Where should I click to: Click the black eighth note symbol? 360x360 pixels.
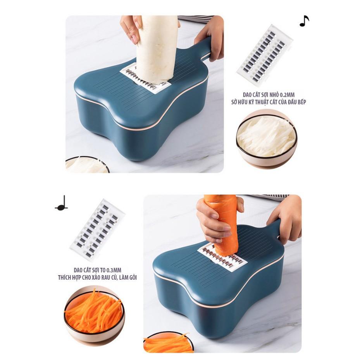pyautogui.click(x=304, y=21)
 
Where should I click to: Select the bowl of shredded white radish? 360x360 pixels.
pyautogui.click(x=266, y=138)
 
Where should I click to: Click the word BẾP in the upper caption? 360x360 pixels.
pyautogui.click(x=300, y=102)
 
